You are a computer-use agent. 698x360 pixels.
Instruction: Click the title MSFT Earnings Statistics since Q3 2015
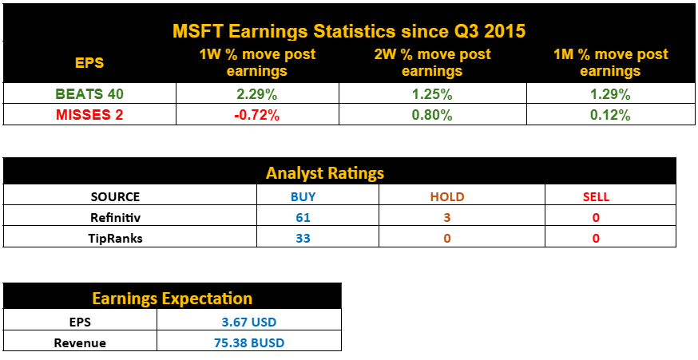(349, 32)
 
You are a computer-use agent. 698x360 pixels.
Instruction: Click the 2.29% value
(257, 94)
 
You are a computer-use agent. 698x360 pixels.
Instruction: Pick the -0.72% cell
(257, 115)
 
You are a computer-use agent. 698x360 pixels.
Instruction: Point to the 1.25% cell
(433, 94)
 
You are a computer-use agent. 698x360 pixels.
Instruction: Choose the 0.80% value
(433, 115)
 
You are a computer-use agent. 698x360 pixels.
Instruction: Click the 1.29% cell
(611, 94)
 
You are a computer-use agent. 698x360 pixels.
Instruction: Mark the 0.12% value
(611, 115)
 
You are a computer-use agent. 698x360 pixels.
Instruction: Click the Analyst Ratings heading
(325, 172)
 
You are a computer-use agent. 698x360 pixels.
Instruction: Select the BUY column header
(303, 196)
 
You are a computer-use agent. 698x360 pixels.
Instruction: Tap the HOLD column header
(446, 196)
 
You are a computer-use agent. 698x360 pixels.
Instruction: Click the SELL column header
(596, 196)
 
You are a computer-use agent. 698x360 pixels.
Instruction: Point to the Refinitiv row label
(115, 217)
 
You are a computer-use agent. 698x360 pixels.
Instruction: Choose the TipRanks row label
(115, 238)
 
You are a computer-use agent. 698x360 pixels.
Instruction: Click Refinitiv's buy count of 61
(303, 217)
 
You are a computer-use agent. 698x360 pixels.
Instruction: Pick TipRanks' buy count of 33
(303, 238)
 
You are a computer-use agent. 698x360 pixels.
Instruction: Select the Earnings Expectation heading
(173, 299)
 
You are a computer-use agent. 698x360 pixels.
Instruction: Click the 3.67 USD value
(250, 322)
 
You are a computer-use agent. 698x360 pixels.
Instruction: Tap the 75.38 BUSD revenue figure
(250, 342)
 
